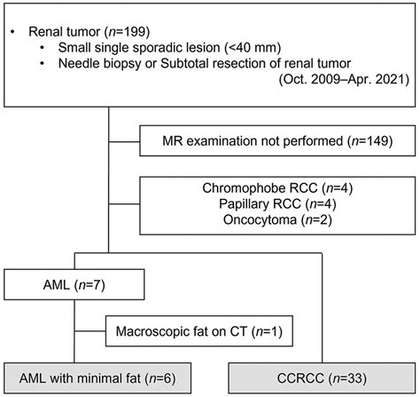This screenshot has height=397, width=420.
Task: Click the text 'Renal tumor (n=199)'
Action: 83,31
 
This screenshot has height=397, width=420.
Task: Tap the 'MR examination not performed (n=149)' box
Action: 276,140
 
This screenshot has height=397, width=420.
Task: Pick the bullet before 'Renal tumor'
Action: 12,32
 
